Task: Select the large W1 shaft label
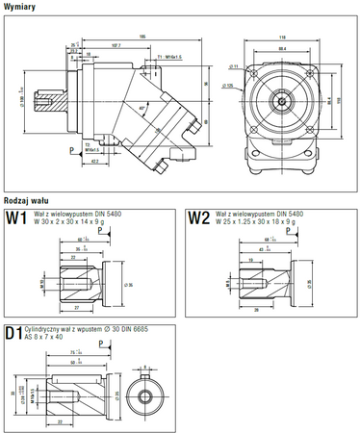pyautogui.click(x=15, y=217)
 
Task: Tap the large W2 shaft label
pyautogui.click(x=198, y=217)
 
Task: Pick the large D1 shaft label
pyautogui.click(x=14, y=334)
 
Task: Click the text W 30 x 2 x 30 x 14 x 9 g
pyautogui.click(x=68, y=222)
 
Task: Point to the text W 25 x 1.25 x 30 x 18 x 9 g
pyautogui.click(x=256, y=222)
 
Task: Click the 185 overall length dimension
pyautogui.click(x=142, y=36)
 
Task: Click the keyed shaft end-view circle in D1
pyautogui.click(x=144, y=395)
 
